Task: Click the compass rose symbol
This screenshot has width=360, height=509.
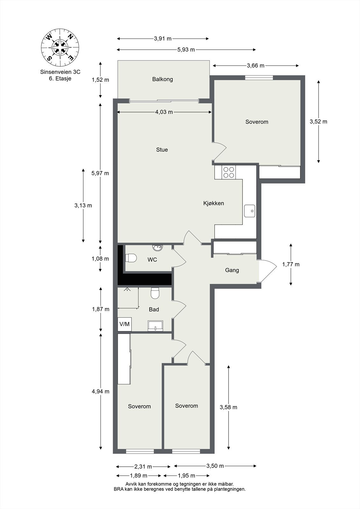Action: click(x=60, y=47)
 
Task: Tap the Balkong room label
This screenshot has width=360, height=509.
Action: click(x=162, y=79)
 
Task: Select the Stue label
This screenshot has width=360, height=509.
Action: click(x=162, y=150)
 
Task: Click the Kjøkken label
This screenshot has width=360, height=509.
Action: click(x=214, y=203)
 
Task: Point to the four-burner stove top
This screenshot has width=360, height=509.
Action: click(x=229, y=172)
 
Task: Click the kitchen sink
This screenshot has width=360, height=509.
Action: click(x=250, y=211)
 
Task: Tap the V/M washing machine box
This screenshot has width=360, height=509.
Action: click(x=124, y=324)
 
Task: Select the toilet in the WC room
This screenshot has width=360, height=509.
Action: click(x=131, y=258)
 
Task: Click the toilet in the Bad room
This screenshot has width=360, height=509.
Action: click(x=155, y=293)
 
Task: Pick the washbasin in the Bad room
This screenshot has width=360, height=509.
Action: click(x=155, y=326)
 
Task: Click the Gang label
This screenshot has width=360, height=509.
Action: click(x=232, y=270)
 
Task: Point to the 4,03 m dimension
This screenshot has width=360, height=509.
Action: click(x=164, y=112)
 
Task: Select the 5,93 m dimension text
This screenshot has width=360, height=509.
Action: click(x=186, y=50)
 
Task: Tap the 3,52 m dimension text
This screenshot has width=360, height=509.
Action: click(x=318, y=122)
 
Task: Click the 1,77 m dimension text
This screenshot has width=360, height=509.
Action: click(x=291, y=264)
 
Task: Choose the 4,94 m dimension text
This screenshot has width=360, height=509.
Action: click(x=101, y=391)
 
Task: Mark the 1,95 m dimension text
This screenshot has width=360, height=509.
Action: click(x=186, y=475)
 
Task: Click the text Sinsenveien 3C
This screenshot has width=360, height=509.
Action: click(x=60, y=72)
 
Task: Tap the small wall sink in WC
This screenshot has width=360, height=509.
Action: click(x=157, y=248)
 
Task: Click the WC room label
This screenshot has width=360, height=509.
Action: click(x=152, y=260)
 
